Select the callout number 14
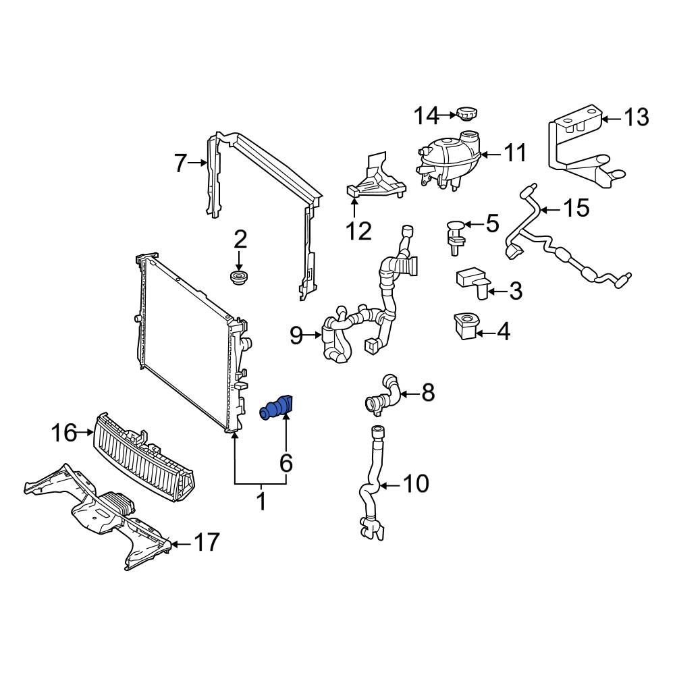427,116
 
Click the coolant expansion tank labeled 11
448,160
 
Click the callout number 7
180,163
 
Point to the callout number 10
415,484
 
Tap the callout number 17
207,541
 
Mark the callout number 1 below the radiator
261,502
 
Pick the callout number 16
65,433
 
